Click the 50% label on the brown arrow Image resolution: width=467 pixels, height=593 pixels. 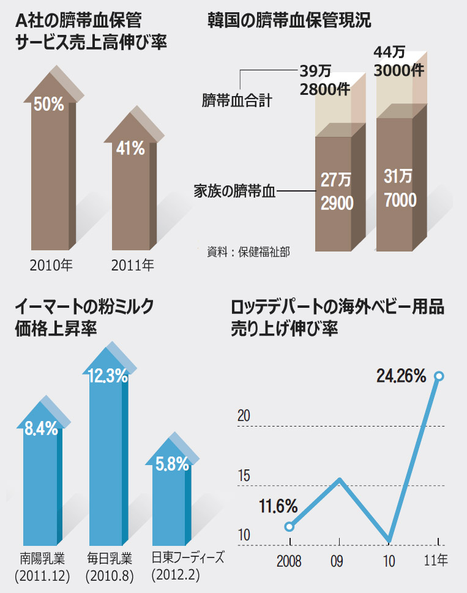pyautogui.click(x=48, y=104)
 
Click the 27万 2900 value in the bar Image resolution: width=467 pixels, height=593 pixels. pyautogui.click(x=337, y=192)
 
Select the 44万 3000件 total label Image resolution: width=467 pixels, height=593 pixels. pyautogui.click(x=398, y=63)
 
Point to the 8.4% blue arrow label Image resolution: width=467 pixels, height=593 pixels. pyautogui.click(x=41, y=428)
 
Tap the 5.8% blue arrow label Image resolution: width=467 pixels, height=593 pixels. pyautogui.click(x=172, y=464)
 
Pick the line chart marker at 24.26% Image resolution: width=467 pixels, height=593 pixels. pyautogui.click(x=439, y=376)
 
